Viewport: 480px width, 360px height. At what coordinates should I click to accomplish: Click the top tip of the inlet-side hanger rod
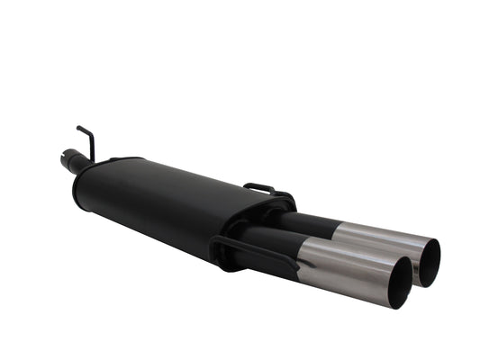78,128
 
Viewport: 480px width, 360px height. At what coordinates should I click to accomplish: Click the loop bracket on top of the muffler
259,188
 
